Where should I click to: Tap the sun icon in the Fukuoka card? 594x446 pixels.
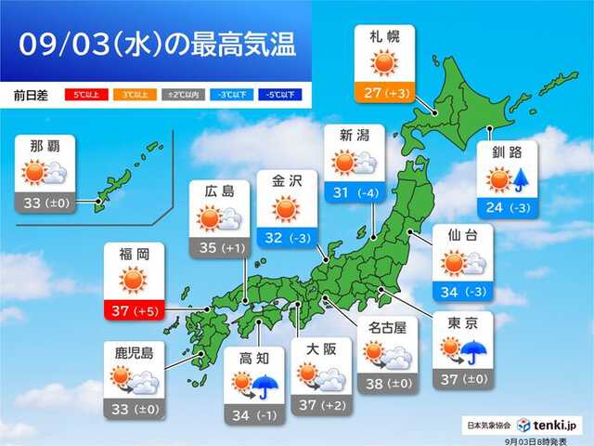tap(134, 280)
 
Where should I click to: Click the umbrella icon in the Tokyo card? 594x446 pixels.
tap(475, 352)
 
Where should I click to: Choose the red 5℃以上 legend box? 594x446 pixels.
tap(83, 94)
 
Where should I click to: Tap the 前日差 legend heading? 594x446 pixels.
tap(32, 94)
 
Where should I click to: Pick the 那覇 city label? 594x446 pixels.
tap(47, 147)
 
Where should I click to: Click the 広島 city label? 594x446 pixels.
tap(220, 192)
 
